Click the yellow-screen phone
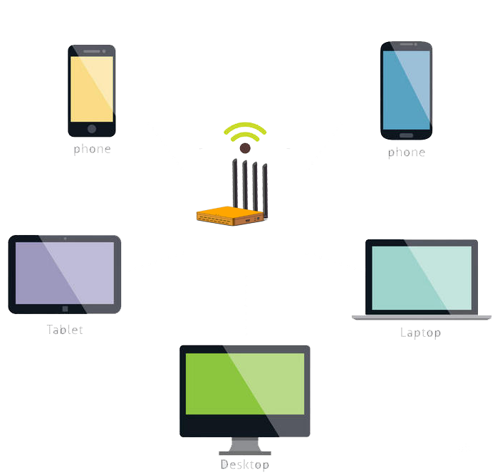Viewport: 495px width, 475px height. [91, 89]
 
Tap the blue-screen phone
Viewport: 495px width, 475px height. [406, 89]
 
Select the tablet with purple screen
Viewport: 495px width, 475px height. [65, 273]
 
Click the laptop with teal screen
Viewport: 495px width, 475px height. [422, 278]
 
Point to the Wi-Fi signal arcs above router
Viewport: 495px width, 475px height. [245, 130]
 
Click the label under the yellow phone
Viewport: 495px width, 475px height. [93, 150]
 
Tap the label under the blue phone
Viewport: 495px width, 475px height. [406, 152]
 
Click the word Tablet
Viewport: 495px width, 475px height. [65, 330]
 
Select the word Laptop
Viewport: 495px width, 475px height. [420, 333]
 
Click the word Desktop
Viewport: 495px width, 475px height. [244, 465]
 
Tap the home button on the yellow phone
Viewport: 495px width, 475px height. [91, 129]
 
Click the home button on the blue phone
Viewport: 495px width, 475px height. [406, 135]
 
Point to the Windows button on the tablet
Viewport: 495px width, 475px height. [65, 309]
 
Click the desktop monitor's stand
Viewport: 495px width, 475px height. [244, 447]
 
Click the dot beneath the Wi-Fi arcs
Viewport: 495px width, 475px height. [245, 147]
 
